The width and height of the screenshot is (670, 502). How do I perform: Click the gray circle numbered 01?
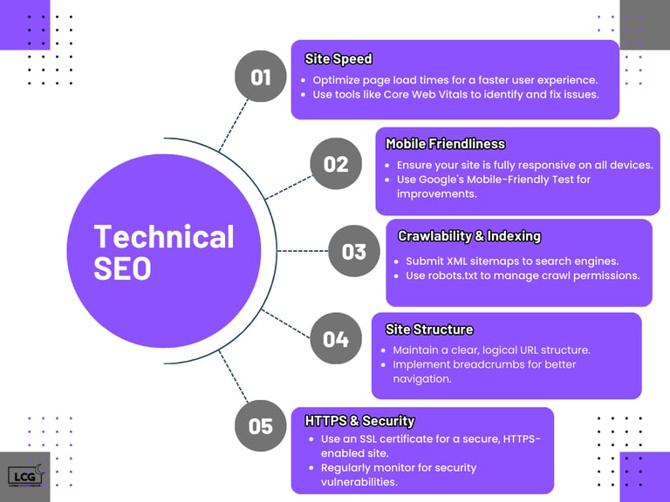260,78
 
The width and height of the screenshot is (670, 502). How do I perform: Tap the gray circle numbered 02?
336,164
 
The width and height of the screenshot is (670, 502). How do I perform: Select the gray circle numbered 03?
353,252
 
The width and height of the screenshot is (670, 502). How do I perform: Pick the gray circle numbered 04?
336,338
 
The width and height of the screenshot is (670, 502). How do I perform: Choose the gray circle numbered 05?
260,426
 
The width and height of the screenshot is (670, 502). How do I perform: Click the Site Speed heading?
338,59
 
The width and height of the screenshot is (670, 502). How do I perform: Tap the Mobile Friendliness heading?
445,144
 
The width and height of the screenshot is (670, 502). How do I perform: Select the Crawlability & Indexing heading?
469,236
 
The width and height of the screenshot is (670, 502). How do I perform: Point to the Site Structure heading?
429,329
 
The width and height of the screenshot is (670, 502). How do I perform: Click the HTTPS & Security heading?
359,421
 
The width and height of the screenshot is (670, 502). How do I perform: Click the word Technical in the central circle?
164,237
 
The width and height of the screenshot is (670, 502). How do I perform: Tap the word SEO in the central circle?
123,268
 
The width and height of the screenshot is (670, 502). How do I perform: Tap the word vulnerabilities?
359,482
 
